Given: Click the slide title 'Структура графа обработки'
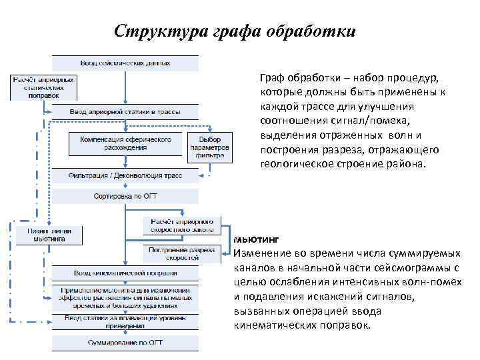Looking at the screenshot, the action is click(x=235, y=31).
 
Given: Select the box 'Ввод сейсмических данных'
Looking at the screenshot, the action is click(x=125, y=63).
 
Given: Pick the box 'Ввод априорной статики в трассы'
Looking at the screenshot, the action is click(x=125, y=111).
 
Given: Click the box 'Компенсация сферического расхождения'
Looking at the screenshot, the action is click(x=125, y=143).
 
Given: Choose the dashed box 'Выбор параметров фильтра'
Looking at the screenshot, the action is click(x=210, y=143).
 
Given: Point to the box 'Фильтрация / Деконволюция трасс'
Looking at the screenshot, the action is click(x=125, y=175).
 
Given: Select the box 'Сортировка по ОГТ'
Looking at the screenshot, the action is click(x=125, y=197).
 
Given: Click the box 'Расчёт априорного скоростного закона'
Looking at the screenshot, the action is click(x=182, y=225).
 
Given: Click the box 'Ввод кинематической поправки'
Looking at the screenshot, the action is click(x=125, y=273).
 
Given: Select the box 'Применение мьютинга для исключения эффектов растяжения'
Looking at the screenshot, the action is click(x=125, y=299).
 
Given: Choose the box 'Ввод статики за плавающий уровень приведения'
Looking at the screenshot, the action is click(x=125, y=323).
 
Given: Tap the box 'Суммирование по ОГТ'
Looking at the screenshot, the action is click(x=125, y=342).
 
